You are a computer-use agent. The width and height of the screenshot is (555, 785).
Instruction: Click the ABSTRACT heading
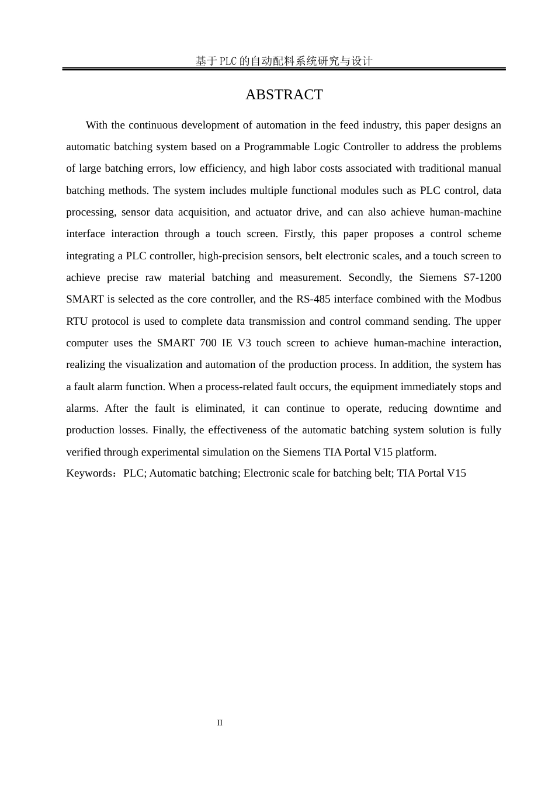tap(284, 95)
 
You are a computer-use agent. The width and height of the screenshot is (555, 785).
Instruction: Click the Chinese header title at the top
tap(284, 61)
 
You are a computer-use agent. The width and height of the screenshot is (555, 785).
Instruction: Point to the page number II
tap(220, 723)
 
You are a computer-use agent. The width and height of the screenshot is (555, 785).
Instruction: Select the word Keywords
tap(88, 473)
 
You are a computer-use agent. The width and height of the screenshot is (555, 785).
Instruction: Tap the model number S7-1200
tap(482, 277)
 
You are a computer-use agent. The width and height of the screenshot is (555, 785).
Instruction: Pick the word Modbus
tap(483, 299)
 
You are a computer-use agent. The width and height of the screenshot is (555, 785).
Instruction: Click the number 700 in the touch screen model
tap(208, 343)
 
